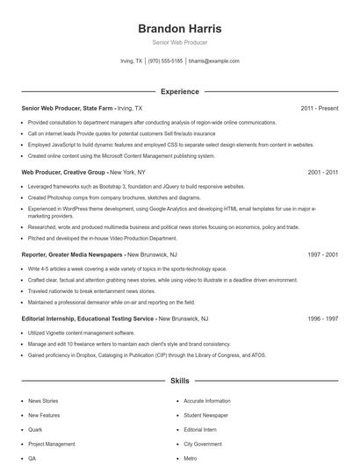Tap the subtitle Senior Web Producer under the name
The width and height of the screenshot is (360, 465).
179,42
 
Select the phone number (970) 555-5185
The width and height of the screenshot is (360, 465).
165,61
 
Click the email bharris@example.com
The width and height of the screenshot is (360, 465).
213,61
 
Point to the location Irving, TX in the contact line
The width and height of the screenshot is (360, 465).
131,61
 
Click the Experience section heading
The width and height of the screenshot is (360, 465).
179,91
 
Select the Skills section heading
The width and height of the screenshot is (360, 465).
179,383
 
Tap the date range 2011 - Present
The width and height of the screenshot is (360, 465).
319,108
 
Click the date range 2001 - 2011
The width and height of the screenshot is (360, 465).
322,174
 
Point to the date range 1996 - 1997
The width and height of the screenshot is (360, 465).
322,318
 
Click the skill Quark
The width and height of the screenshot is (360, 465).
34,430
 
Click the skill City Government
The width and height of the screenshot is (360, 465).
201,444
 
